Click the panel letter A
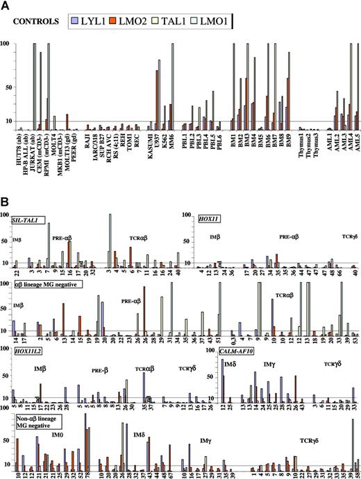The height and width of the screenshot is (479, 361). [x=6, y=6]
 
